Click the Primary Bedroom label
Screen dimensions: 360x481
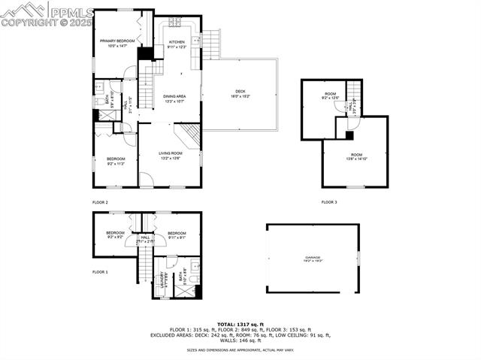point(115,43)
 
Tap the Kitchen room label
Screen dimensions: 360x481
point(177,44)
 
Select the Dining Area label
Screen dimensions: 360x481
point(174,98)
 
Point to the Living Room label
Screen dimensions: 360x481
point(170,156)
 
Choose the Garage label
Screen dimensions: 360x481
point(312,259)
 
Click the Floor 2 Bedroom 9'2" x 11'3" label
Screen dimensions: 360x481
point(115,161)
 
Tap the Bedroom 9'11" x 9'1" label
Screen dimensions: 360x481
point(177,235)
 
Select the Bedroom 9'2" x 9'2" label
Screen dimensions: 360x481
point(115,235)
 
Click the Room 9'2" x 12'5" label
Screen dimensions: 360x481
point(331,96)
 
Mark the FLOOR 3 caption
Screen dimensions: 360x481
point(329,202)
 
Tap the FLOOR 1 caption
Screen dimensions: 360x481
point(100,271)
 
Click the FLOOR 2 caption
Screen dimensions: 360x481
point(100,202)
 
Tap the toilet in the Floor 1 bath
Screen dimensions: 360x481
point(193,279)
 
